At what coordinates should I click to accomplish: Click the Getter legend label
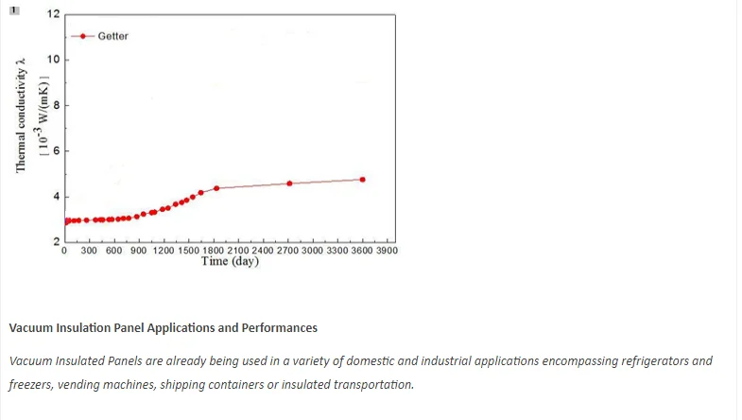[112, 36]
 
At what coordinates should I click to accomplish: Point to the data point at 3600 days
[362, 180]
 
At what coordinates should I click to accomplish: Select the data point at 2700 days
[289, 184]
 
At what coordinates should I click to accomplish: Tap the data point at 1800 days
[216, 188]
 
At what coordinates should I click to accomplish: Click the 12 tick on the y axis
[53, 15]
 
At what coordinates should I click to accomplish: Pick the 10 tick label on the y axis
[53, 61]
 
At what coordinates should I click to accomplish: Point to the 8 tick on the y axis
[55, 106]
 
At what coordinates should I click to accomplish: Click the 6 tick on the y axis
[55, 151]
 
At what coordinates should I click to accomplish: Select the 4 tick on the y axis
[55, 197]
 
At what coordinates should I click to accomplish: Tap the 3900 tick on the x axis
[387, 252]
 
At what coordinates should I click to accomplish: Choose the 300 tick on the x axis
[90, 252]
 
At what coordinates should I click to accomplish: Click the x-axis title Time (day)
[230, 262]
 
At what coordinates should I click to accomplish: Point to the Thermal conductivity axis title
[21, 114]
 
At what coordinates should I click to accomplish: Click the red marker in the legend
[83, 36]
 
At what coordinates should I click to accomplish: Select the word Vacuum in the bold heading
[30, 328]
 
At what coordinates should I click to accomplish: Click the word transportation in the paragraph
[367, 385]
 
